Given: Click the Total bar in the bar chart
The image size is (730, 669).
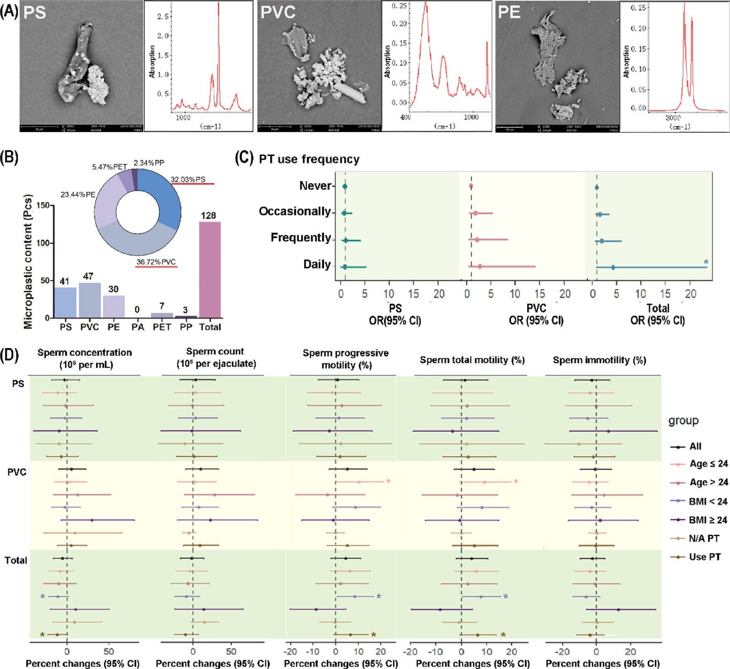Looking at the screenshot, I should (x=210, y=270).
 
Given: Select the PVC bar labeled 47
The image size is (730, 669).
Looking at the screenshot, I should (x=90, y=300).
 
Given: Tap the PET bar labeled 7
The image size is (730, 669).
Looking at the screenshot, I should (x=162, y=315).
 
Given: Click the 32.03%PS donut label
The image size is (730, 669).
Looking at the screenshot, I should (x=188, y=180).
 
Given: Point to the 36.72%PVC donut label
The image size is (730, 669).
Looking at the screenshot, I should (x=156, y=262).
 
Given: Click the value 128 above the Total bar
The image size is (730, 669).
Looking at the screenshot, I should (x=208, y=215).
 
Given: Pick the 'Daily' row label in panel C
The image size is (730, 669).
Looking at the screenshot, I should (x=317, y=264).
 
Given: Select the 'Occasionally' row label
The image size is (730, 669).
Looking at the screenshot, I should (x=295, y=211).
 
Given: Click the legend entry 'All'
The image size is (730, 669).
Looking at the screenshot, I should (x=695, y=446).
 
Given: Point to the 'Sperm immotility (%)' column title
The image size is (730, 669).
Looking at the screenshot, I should (x=599, y=360).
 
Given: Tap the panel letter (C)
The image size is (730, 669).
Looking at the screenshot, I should (x=243, y=158).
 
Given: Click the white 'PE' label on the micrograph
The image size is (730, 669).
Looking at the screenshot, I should (x=509, y=12).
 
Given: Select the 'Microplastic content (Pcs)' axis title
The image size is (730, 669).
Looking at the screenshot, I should (x=28, y=262).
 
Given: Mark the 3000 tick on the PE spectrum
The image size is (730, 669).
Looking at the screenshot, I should (x=673, y=118).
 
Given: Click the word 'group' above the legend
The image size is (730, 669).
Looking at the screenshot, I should (x=683, y=420).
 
